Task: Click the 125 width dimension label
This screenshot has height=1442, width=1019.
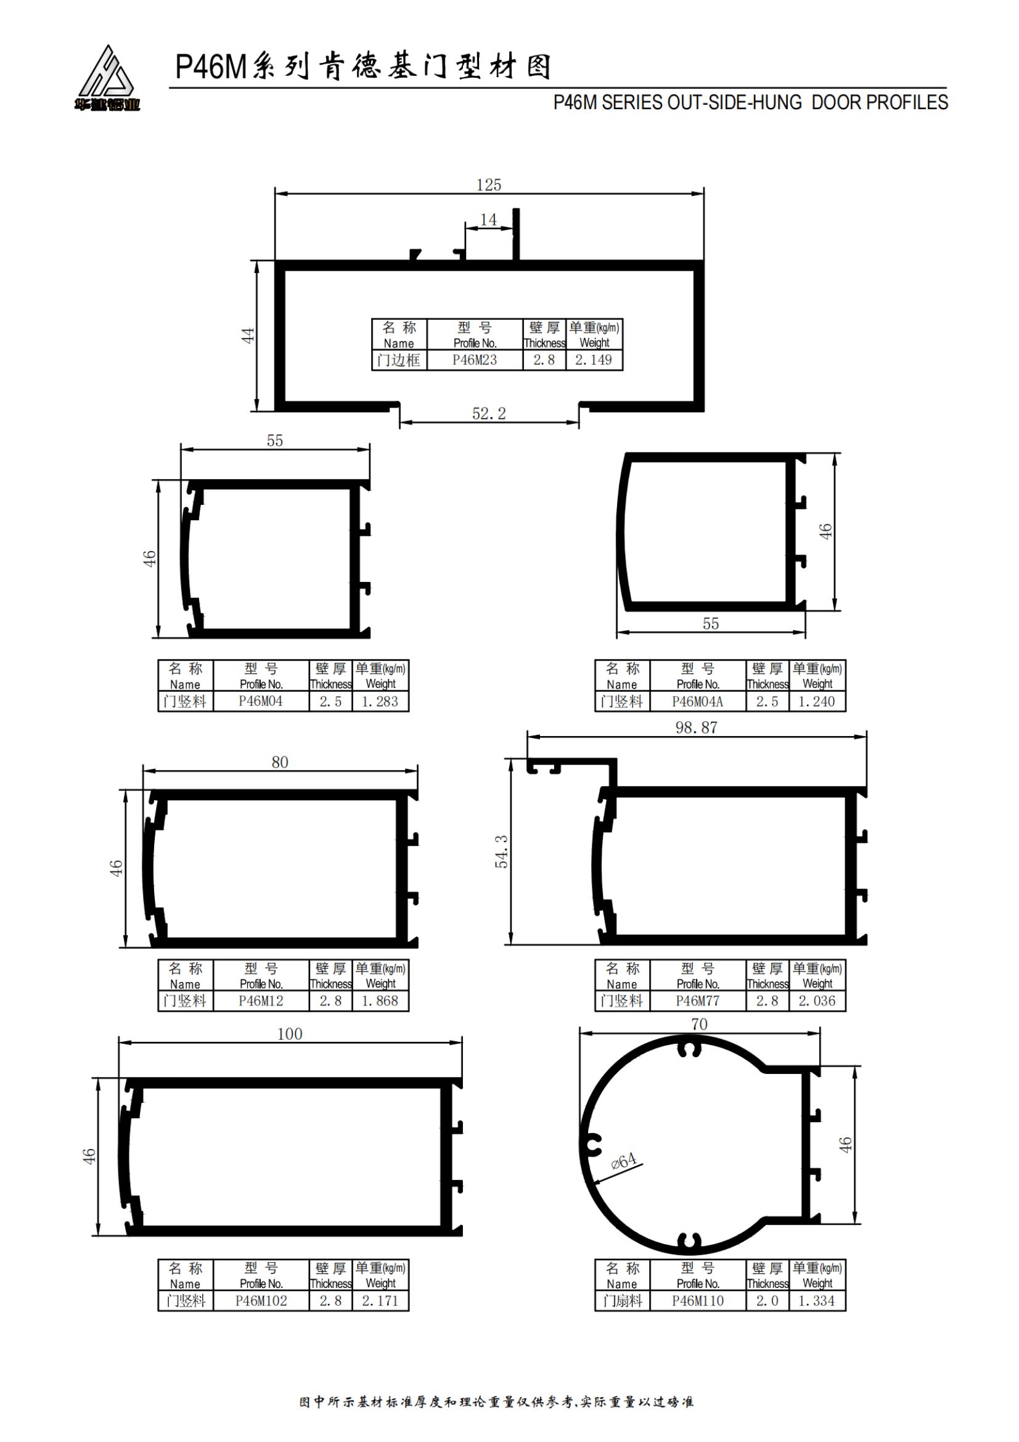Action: [488, 185]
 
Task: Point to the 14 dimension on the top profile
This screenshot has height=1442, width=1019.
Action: [488, 219]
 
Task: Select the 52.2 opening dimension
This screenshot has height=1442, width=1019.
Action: [488, 413]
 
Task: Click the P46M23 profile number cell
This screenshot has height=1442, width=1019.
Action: [475, 360]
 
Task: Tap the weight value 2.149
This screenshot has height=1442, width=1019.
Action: [593, 360]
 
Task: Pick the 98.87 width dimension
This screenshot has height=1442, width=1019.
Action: [696, 727]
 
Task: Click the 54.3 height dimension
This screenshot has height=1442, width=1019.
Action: [502, 851]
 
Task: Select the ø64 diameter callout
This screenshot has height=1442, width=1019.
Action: [623, 1161]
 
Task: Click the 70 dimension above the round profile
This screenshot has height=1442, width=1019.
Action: [699, 1024]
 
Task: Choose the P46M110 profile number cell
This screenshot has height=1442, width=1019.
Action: [698, 1301]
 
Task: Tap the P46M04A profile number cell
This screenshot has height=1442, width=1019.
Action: [698, 702]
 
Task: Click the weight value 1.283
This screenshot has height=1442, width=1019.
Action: [380, 702]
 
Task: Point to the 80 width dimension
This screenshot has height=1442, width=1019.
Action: [280, 762]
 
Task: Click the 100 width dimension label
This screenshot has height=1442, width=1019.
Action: [290, 1034]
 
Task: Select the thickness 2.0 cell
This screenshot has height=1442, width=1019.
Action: [767, 1301]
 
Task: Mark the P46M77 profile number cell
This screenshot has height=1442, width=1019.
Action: [698, 1001]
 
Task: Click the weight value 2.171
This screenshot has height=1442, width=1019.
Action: [380, 1301]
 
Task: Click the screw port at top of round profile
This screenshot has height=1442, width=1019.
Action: [689, 1049]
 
